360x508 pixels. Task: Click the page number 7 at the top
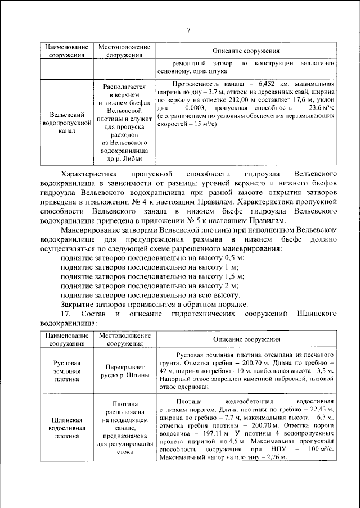click(189, 29)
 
